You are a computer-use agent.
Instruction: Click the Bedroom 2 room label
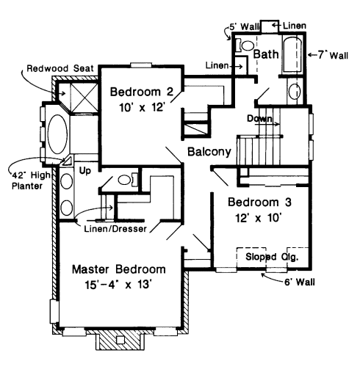point(142,92)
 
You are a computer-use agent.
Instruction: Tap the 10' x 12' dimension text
point(142,107)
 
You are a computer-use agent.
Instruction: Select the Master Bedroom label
point(119,269)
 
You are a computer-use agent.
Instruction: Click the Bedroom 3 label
point(259,203)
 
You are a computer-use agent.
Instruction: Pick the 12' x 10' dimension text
point(258,218)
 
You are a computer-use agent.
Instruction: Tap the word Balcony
point(209,152)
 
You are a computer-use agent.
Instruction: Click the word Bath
point(266,54)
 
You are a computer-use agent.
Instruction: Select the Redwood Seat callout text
point(60,68)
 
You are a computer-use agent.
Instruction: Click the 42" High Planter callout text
point(31,180)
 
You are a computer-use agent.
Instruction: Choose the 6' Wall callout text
point(300,282)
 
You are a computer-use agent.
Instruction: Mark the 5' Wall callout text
point(243,26)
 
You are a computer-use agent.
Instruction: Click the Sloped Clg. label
point(272,257)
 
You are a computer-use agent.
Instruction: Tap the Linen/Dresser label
point(115,229)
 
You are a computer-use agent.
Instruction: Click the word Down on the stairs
point(259,119)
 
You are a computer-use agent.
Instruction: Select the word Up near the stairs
point(84,171)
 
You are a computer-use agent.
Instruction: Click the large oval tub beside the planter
point(57,134)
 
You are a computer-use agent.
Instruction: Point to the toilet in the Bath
point(245,45)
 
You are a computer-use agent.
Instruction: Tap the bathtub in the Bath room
point(292,54)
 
